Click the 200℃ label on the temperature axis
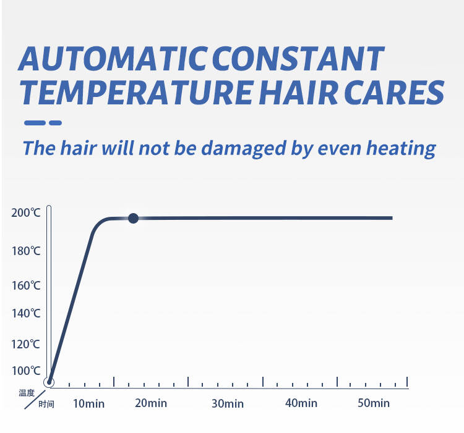[x=26, y=212]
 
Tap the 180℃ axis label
[x=26, y=251]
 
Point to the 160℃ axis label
[x=26, y=285]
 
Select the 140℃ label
[x=26, y=313]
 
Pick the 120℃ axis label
[x=25, y=345]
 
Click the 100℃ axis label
[x=26, y=371]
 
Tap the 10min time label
[x=88, y=404]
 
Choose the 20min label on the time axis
[x=151, y=403]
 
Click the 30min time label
[x=228, y=404]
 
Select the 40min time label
[x=301, y=403]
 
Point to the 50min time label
[x=374, y=403]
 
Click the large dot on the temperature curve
[x=133, y=218]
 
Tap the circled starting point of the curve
[x=49, y=382]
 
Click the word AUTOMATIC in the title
[x=113, y=59]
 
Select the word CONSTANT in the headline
[x=298, y=59]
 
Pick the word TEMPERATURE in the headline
[x=137, y=93]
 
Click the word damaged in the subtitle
[x=244, y=149]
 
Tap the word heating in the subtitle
[x=401, y=149]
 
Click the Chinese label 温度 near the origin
[x=27, y=393]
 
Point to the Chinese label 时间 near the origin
[x=46, y=404]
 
